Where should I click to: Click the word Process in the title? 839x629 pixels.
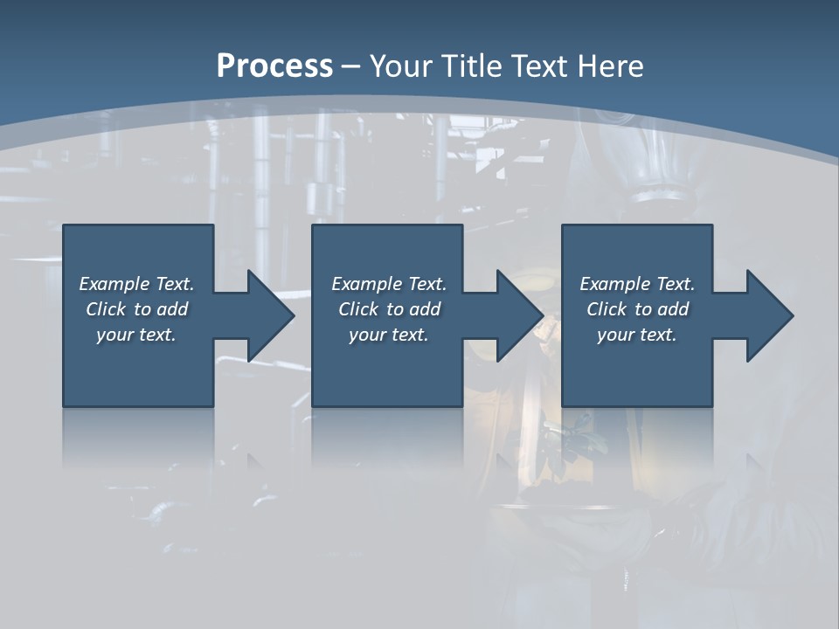(274, 66)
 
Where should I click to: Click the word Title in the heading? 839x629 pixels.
(470, 66)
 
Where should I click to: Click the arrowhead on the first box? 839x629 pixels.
(267, 315)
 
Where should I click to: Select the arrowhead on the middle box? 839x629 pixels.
(516, 315)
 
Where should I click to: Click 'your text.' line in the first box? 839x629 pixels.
(136, 335)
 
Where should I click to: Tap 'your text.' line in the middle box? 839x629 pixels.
(389, 335)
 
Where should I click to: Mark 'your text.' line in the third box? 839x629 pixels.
(637, 335)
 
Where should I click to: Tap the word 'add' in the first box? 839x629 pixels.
(172, 309)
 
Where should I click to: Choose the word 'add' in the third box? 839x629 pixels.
(673, 309)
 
